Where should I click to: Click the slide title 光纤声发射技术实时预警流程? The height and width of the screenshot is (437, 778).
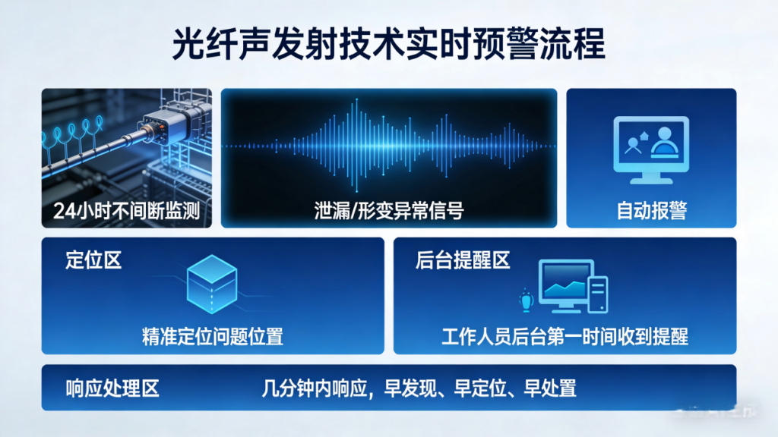coord(389,44)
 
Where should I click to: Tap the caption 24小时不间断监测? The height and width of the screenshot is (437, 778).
coord(127,211)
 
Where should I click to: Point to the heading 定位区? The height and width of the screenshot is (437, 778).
coord(93,261)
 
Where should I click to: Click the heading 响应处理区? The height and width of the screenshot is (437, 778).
coord(112,388)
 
